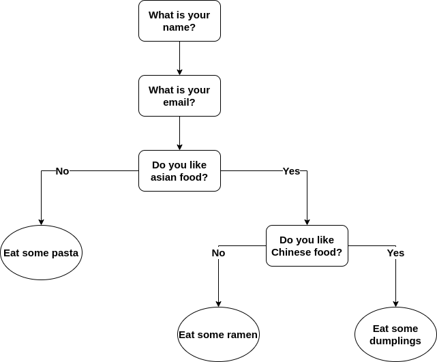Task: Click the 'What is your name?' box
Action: click(x=179, y=21)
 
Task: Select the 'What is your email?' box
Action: click(x=179, y=96)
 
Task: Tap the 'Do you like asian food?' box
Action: click(x=179, y=171)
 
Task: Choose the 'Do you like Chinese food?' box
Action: click(x=307, y=246)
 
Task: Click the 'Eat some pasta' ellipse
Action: click(x=41, y=253)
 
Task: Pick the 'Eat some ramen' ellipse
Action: click(x=218, y=335)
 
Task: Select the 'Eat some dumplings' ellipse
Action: click(x=395, y=335)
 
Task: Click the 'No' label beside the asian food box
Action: click(x=62, y=171)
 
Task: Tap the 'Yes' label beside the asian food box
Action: click(x=291, y=171)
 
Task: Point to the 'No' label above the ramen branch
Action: click(x=218, y=253)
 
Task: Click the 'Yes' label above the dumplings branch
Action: click(x=395, y=253)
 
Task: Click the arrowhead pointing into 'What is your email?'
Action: click(x=179, y=72)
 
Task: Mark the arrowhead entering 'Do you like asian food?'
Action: click(x=179, y=147)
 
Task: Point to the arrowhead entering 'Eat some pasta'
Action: click(x=41, y=222)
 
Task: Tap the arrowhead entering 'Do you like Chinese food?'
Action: click(x=307, y=222)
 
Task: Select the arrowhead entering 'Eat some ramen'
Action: click(x=218, y=303)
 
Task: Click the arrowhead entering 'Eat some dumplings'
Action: click(x=395, y=303)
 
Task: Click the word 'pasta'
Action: click(x=65, y=253)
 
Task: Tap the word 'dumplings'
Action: click(x=395, y=341)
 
